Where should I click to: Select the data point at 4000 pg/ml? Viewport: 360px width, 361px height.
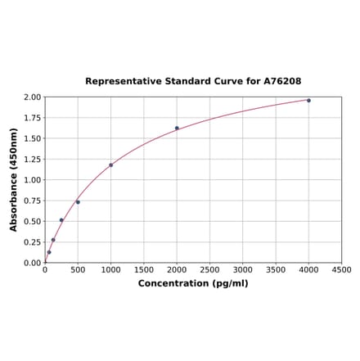click(308, 101)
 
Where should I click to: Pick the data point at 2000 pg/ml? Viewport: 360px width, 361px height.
click(177, 128)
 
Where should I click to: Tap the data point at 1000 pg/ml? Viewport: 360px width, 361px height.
click(111, 165)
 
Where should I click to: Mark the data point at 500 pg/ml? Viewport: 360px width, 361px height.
click(78, 201)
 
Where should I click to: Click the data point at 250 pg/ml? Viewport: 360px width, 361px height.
click(61, 220)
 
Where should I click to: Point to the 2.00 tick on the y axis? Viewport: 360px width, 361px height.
click(32, 97)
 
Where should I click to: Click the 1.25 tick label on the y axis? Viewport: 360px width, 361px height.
click(32, 160)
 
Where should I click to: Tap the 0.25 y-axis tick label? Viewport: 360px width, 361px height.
click(32, 242)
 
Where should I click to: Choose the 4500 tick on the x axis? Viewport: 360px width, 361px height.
click(341, 270)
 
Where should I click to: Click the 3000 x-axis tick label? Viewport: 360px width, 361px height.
click(243, 270)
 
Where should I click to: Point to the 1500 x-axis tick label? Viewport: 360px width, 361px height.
click(144, 270)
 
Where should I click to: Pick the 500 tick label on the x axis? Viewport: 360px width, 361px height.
click(78, 270)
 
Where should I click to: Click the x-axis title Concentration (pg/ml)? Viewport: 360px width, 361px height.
click(193, 283)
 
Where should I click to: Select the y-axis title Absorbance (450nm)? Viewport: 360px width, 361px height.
click(14, 179)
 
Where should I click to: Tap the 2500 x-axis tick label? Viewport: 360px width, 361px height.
click(209, 270)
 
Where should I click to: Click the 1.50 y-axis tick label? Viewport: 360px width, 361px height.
click(32, 139)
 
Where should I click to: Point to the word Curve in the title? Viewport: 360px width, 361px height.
click(225, 82)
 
